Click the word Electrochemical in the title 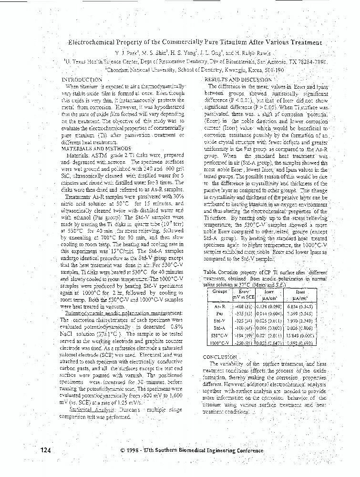pyautogui.click(x=95, y=42)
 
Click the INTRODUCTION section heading pyautogui.click(x=82, y=79)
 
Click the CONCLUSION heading pyautogui.click(x=220, y=356)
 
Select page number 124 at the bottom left pyautogui.click(x=45, y=450)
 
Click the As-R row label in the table pyautogui.click(x=220, y=305)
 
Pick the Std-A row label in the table pyautogui.click(x=219, y=328)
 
